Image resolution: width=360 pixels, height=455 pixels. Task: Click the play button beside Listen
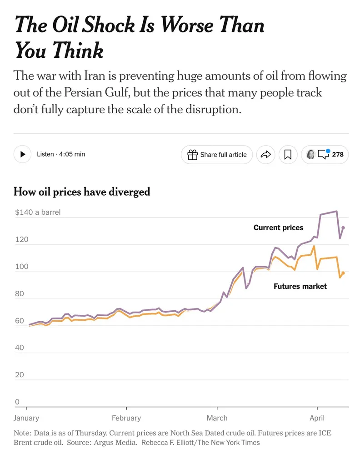click(x=22, y=154)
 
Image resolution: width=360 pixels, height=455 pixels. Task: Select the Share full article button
click(x=217, y=155)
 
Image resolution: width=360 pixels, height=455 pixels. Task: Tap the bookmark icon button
click(x=288, y=155)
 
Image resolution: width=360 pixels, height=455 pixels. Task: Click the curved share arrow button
click(x=265, y=155)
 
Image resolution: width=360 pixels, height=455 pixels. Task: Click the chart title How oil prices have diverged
click(x=82, y=192)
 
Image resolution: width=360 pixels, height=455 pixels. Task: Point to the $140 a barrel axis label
click(x=38, y=212)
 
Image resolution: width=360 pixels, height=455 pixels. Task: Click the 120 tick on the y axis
click(x=22, y=239)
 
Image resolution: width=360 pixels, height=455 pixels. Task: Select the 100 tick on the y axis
click(x=22, y=267)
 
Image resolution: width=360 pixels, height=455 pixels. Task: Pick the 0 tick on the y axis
click(x=17, y=402)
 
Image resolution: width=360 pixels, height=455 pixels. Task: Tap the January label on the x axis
click(x=26, y=418)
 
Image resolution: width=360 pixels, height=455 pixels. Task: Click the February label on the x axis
click(x=126, y=418)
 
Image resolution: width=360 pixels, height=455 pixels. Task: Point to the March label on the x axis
click(x=217, y=418)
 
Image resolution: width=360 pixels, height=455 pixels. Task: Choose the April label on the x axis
click(x=317, y=418)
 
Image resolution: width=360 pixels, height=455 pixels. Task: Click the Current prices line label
click(x=278, y=227)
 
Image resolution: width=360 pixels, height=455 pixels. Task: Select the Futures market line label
click(x=300, y=287)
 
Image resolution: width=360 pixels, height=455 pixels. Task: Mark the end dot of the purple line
click(x=343, y=227)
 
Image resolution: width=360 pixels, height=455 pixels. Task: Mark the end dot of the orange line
click(x=343, y=273)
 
